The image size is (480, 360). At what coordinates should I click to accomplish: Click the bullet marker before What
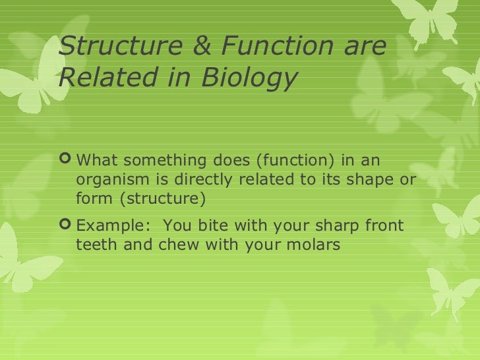click(x=65, y=161)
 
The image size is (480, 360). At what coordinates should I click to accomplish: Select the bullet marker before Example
click(x=65, y=227)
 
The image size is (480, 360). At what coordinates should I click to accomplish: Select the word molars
click(x=313, y=245)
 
